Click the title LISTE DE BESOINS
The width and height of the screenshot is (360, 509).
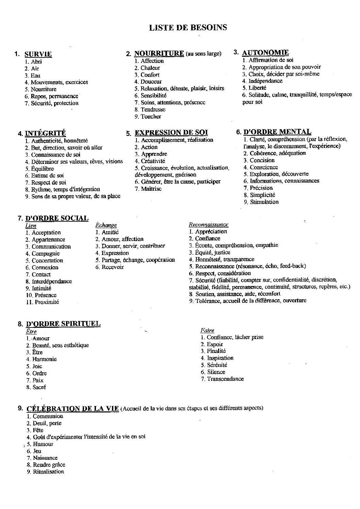tap(188, 28)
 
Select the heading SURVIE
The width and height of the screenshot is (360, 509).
tap(38, 54)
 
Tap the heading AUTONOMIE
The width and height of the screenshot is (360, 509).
tap(265, 52)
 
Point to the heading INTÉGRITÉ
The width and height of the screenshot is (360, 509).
tap(45, 133)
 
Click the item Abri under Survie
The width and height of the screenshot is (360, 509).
tap(36, 62)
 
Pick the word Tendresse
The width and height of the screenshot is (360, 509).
tap(153, 109)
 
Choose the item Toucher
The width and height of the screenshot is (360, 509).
tap(151, 116)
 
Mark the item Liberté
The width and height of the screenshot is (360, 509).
tap(257, 88)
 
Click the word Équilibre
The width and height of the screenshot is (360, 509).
tap(43, 169)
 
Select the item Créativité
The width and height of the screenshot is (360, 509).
tap(153, 161)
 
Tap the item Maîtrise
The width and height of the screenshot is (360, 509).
tap(151, 189)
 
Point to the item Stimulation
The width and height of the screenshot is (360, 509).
tap(264, 202)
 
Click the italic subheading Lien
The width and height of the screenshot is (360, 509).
tap(31, 226)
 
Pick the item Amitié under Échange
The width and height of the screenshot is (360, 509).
tap(110, 232)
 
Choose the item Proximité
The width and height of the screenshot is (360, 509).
tap(47, 302)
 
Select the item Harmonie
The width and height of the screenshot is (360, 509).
tap(44, 359)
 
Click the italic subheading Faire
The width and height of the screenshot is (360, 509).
tap(207, 330)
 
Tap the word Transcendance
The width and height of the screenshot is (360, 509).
tap(225, 379)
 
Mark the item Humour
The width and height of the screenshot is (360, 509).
tap(43, 444)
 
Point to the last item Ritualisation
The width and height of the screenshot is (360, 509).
tap(48, 472)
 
